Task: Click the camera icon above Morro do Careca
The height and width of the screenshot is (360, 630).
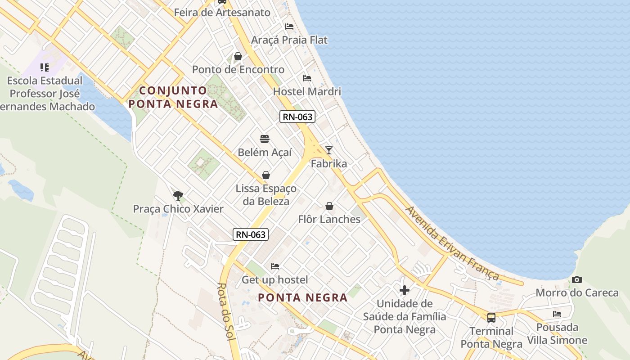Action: click(x=576, y=279)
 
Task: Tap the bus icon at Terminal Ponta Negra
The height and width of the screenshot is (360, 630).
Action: click(x=491, y=317)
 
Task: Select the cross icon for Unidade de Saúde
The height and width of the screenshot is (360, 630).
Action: click(x=405, y=290)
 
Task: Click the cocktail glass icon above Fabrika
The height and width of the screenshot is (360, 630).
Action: click(x=329, y=150)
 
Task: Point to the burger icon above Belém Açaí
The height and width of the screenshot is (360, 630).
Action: click(x=265, y=139)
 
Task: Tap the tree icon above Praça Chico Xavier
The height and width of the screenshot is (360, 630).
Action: click(x=178, y=195)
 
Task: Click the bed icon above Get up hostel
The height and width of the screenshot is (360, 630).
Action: click(x=275, y=266)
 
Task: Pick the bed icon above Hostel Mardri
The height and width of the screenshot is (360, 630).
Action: click(x=307, y=78)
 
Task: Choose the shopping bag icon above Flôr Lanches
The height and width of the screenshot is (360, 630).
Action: click(x=329, y=206)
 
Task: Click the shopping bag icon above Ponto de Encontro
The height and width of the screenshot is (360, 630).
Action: click(x=238, y=56)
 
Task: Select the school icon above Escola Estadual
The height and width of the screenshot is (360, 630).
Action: click(x=44, y=67)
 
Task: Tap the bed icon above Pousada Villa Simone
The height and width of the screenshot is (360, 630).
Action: click(x=557, y=314)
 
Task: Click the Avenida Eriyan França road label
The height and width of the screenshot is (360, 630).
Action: click(x=453, y=243)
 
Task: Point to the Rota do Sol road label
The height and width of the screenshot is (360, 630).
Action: click(x=226, y=311)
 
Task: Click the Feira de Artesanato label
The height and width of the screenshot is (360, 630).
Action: click(x=222, y=13)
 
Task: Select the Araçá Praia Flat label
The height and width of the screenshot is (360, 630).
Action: click(x=289, y=40)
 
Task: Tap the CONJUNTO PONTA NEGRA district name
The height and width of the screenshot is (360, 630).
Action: click(x=173, y=97)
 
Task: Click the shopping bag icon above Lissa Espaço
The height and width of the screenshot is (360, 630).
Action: click(x=266, y=175)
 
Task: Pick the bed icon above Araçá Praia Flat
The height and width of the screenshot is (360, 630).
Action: click(x=289, y=27)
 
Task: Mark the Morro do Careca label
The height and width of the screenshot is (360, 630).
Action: click(x=577, y=293)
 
